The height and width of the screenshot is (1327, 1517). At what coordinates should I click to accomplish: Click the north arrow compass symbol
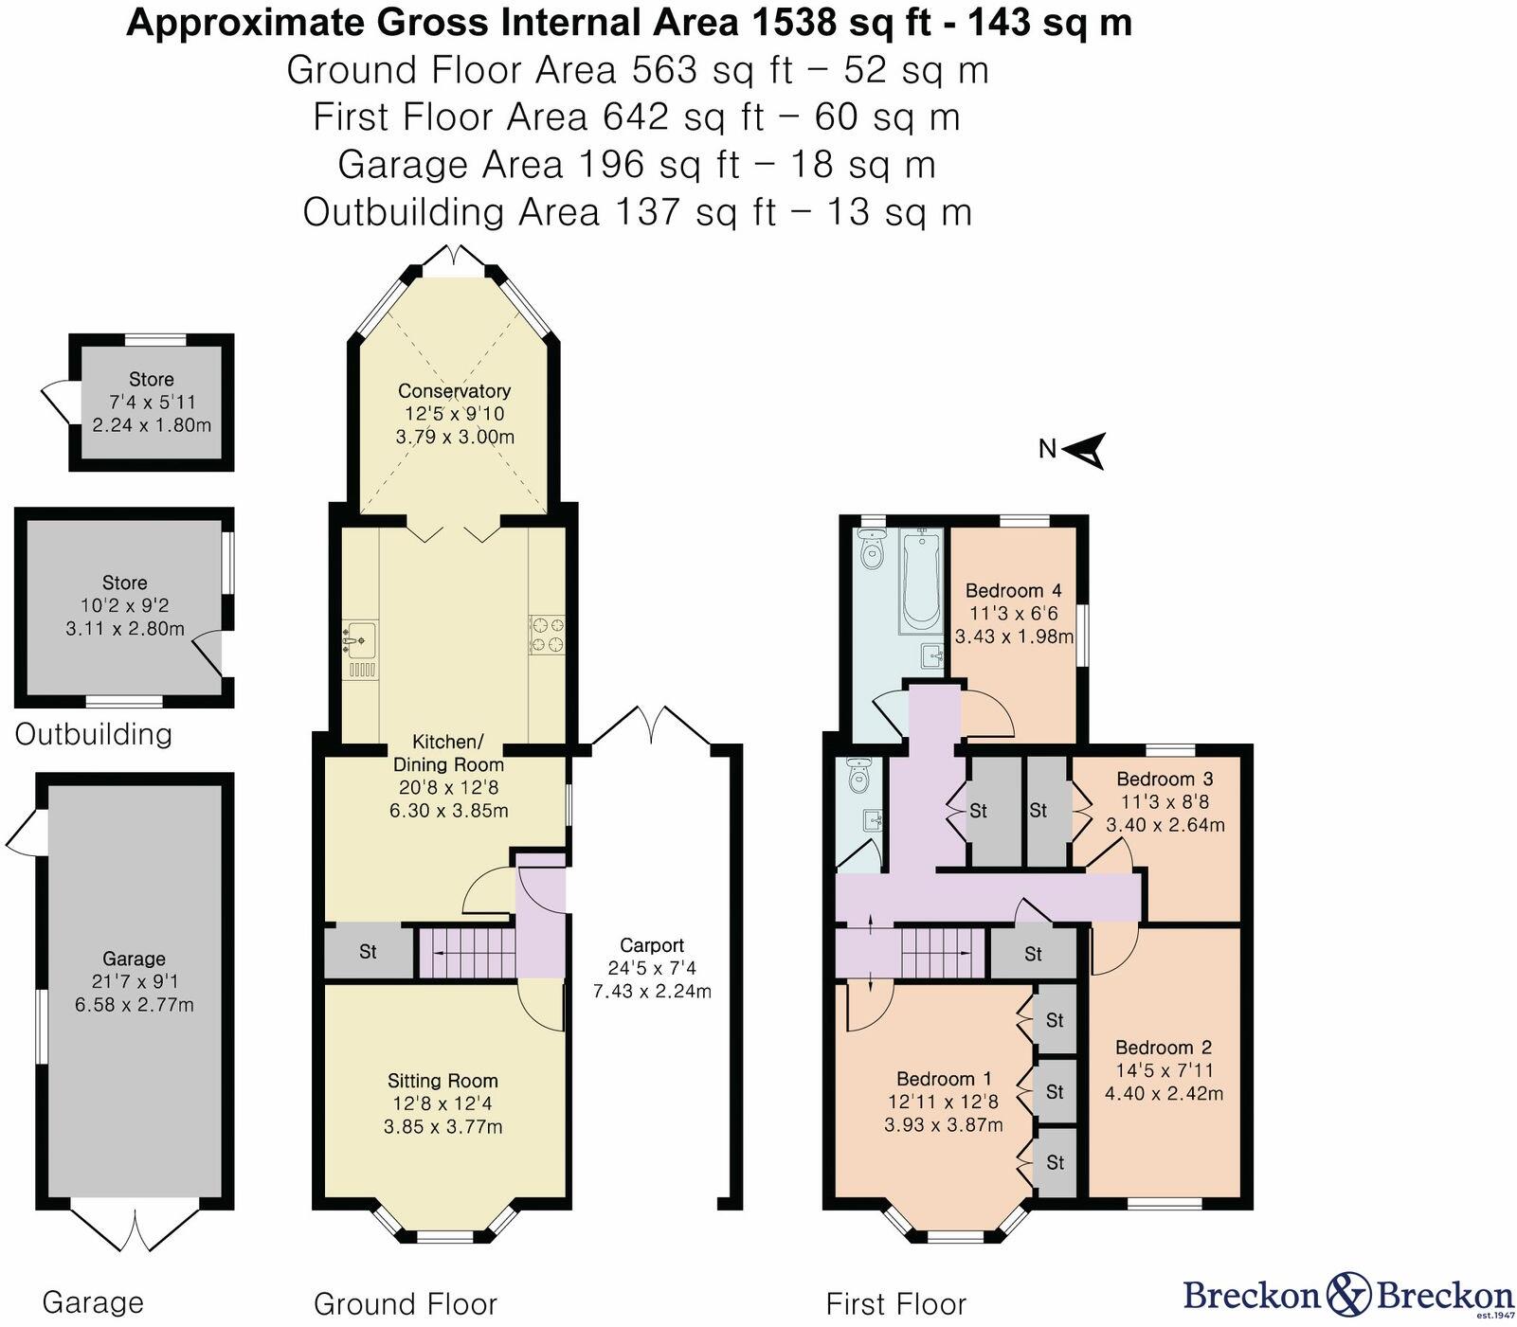[1087, 450]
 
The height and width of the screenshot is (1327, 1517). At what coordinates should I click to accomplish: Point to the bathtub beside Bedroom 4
[920, 580]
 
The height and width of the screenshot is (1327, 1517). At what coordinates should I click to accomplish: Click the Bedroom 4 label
[1013, 591]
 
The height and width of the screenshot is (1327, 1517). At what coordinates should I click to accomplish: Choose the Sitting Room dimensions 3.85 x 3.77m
[442, 1127]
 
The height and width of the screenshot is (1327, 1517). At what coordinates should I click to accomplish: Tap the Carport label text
[652, 945]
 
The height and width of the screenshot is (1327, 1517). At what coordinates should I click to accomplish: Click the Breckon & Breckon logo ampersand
[1348, 1293]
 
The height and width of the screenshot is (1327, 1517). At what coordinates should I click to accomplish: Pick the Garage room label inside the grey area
[135, 959]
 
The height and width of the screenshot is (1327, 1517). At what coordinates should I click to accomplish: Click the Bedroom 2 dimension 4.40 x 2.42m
[1164, 1094]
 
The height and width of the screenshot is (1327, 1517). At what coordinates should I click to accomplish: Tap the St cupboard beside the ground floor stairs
[368, 952]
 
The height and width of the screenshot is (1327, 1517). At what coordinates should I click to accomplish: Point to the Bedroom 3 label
[1165, 780]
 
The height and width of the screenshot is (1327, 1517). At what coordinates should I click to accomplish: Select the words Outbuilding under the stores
[93, 734]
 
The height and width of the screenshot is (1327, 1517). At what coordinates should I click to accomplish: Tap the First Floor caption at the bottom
[895, 1304]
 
